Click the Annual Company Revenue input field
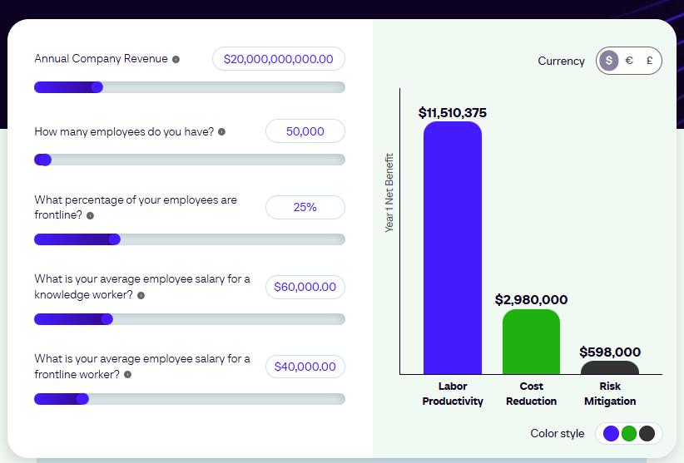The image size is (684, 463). coord(278,59)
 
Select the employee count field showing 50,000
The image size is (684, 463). coord(305,131)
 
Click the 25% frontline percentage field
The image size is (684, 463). coord(305,207)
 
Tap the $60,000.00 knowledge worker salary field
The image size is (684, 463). coord(305,287)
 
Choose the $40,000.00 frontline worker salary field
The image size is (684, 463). coord(305,367)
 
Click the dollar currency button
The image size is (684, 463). coord(609,61)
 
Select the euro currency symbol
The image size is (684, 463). coord(629,61)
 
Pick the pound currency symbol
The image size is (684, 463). coord(648,61)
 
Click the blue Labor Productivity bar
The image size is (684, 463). coord(452,249)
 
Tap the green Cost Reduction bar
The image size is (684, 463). coord(531,342)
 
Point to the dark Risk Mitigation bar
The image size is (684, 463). coord(609,368)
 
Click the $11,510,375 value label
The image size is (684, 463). coord(452,112)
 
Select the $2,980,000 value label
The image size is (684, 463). coord(531,299)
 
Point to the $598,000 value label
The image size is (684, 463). coord(609,352)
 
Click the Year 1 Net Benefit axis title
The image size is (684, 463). coord(389,192)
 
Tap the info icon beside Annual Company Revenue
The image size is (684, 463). coord(176,59)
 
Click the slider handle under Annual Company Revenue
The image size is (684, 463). coord(97,87)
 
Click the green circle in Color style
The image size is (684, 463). coord(629,433)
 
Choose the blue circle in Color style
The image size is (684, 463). coord(611,433)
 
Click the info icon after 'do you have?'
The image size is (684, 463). coord(221,132)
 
